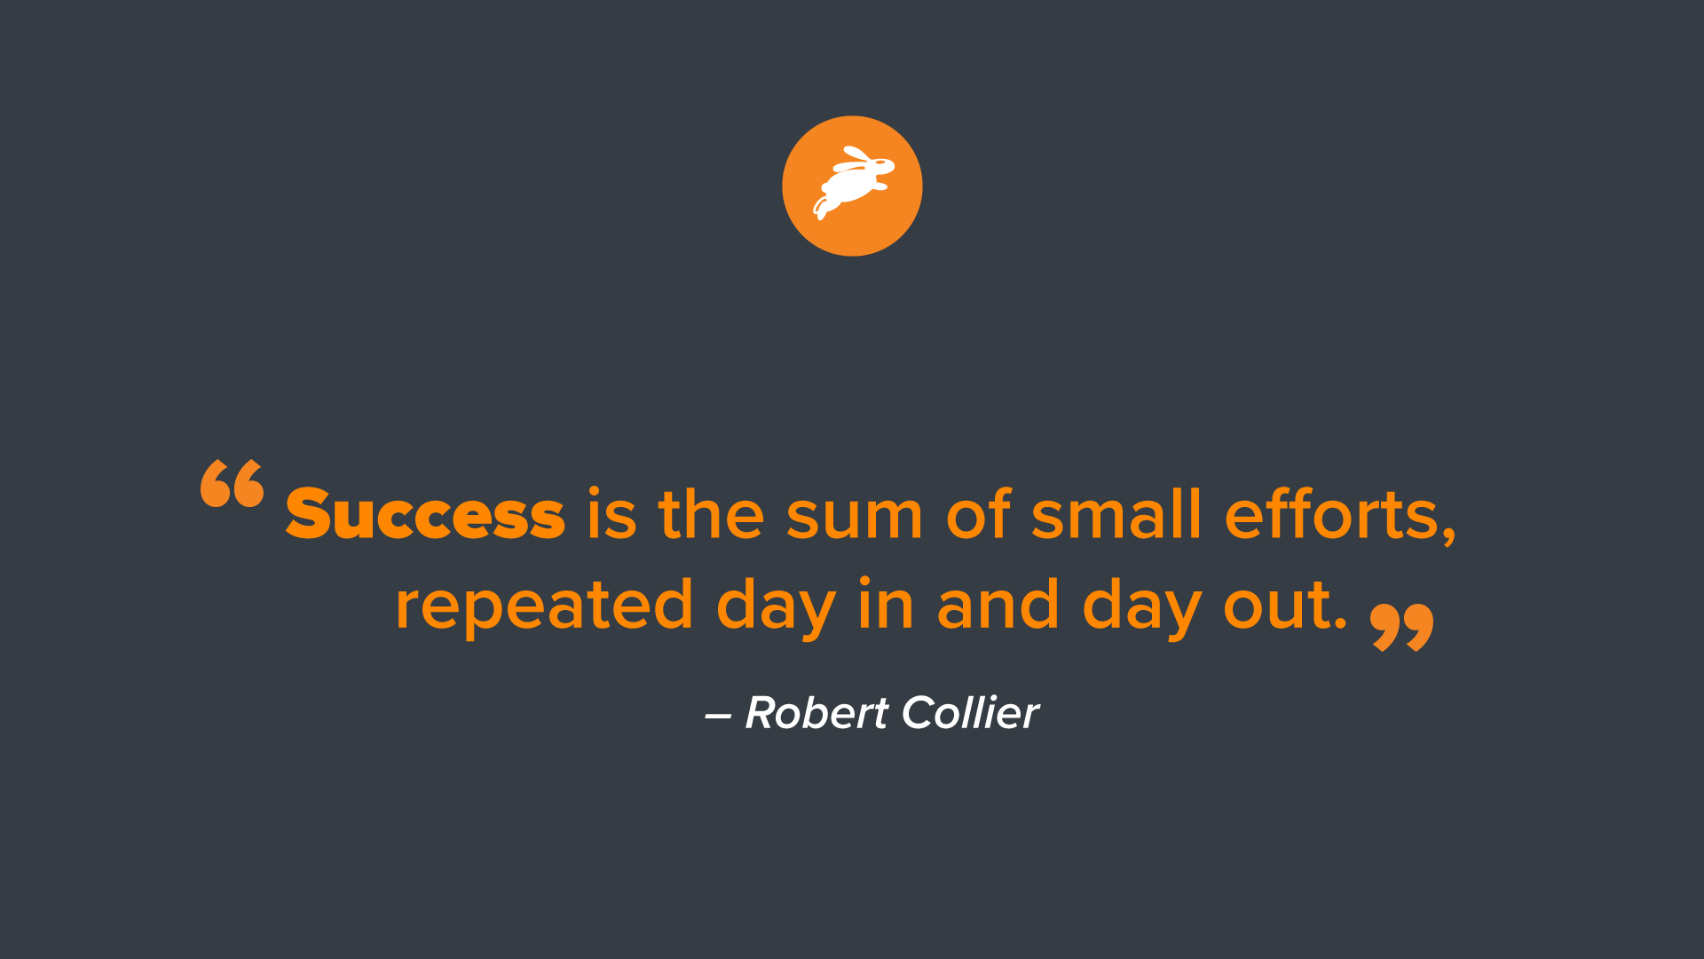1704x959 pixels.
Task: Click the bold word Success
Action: [425, 515]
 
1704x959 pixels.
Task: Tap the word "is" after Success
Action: [611, 515]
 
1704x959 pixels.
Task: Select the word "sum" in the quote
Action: [854, 517]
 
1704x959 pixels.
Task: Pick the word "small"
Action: [1116, 515]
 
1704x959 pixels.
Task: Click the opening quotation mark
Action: [233, 484]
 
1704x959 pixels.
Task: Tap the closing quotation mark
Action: [1402, 628]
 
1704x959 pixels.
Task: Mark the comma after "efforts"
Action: [1448, 536]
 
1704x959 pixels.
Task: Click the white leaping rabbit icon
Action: [852, 186]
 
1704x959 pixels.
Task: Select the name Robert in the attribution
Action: [816, 713]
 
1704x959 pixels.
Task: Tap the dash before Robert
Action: [718, 716]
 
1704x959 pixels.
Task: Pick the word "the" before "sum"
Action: [711, 515]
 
